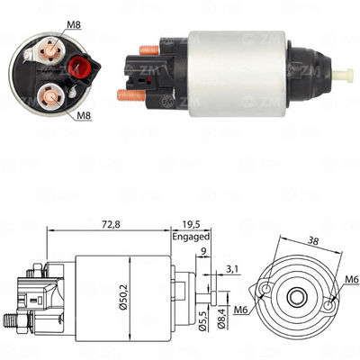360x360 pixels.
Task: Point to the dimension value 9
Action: click(x=206, y=253)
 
